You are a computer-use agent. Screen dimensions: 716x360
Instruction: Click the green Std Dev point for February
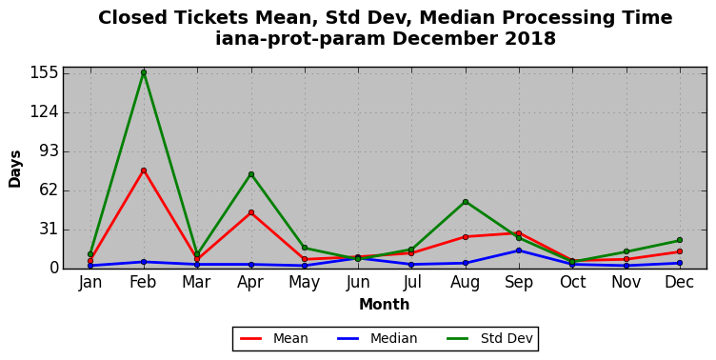pyautogui.click(x=144, y=72)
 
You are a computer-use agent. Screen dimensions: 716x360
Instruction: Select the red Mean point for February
pyautogui.click(x=144, y=170)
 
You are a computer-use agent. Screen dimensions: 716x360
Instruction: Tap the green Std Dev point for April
pyautogui.click(x=251, y=174)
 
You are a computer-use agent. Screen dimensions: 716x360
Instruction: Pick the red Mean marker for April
pyautogui.click(x=251, y=212)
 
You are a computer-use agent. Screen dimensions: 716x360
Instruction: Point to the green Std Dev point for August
pyautogui.click(x=466, y=202)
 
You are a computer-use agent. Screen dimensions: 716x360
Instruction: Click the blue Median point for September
pyautogui.click(x=519, y=250)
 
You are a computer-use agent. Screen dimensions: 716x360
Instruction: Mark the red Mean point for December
pyautogui.click(x=680, y=251)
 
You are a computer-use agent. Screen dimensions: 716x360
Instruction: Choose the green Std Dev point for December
pyautogui.click(x=680, y=240)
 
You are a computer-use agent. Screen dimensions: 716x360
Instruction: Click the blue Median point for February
pyautogui.click(x=144, y=262)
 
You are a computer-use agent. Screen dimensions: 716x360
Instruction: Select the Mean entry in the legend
pyautogui.click(x=274, y=338)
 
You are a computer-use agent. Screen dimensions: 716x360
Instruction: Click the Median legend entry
pyautogui.click(x=377, y=338)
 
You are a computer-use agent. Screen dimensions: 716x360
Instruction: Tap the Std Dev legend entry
pyautogui.click(x=489, y=338)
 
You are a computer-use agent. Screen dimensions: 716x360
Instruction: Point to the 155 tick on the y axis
pyautogui.click(x=45, y=72)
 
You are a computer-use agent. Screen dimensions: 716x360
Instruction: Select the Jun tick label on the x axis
pyautogui.click(x=358, y=282)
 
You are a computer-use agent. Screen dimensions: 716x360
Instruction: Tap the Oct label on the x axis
pyautogui.click(x=572, y=282)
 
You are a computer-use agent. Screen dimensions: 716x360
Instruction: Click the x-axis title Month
pyautogui.click(x=384, y=304)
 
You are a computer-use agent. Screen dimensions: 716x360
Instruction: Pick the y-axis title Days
pyautogui.click(x=14, y=169)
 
